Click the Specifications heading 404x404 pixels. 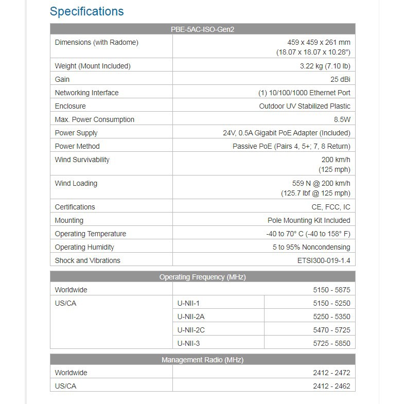pyautogui.click(x=86, y=11)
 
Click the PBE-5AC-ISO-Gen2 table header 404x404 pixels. pyautogui.click(x=202, y=29)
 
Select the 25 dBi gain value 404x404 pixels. pyautogui.click(x=340, y=79)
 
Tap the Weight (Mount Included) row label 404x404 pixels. pyautogui.click(x=93, y=66)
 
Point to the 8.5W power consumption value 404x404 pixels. pyautogui.click(x=342, y=119)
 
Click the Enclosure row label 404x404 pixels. pyautogui.click(x=71, y=106)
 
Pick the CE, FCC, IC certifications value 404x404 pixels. pyautogui.click(x=330, y=207)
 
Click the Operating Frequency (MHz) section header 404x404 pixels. pyautogui.click(x=202, y=277)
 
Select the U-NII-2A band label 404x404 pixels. pyautogui.click(x=191, y=317)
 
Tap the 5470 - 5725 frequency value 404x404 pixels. pyautogui.click(x=331, y=330)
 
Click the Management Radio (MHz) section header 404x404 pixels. pyautogui.click(x=202, y=360)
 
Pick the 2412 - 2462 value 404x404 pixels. pyautogui.click(x=331, y=386)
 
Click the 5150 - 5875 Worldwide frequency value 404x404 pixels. pyautogui.click(x=331, y=290)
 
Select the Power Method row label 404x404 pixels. pyautogui.click(x=77, y=146)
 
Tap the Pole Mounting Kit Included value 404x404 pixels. pyautogui.click(x=309, y=220)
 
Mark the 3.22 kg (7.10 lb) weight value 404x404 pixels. pyautogui.click(x=325, y=66)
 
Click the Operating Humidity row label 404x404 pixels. pyautogui.click(x=84, y=247)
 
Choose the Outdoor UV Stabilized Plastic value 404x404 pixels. pyautogui.click(x=305, y=106)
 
